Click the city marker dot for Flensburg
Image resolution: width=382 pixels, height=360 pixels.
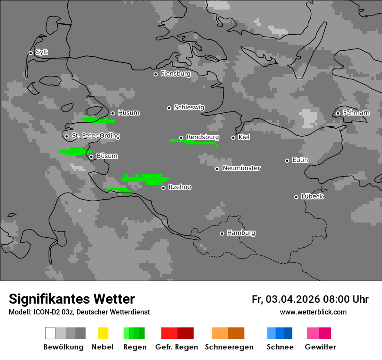[155, 74]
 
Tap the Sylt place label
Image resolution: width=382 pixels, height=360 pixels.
[42, 52]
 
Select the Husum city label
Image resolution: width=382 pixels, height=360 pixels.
[128, 113]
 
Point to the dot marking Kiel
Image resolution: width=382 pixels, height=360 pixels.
[233, 137]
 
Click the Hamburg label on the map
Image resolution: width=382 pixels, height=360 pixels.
[241, 233]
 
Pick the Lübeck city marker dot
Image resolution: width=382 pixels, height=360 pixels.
[296, 197]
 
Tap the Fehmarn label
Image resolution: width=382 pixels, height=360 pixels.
[356, 113]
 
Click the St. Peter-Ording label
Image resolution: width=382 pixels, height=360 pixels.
[95, 136]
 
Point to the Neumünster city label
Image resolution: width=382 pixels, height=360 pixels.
[241, 168]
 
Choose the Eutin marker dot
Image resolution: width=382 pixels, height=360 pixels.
[287, 160]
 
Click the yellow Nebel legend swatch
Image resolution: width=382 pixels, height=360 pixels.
[103, 333]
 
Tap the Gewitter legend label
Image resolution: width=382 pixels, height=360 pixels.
[320, 347]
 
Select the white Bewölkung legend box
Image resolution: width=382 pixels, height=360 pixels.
[50, 333]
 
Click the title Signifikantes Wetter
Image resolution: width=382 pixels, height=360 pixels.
[72, 299]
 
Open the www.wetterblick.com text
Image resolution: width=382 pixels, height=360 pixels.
[313, 312]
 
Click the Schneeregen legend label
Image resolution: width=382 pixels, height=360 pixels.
[229, 347]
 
